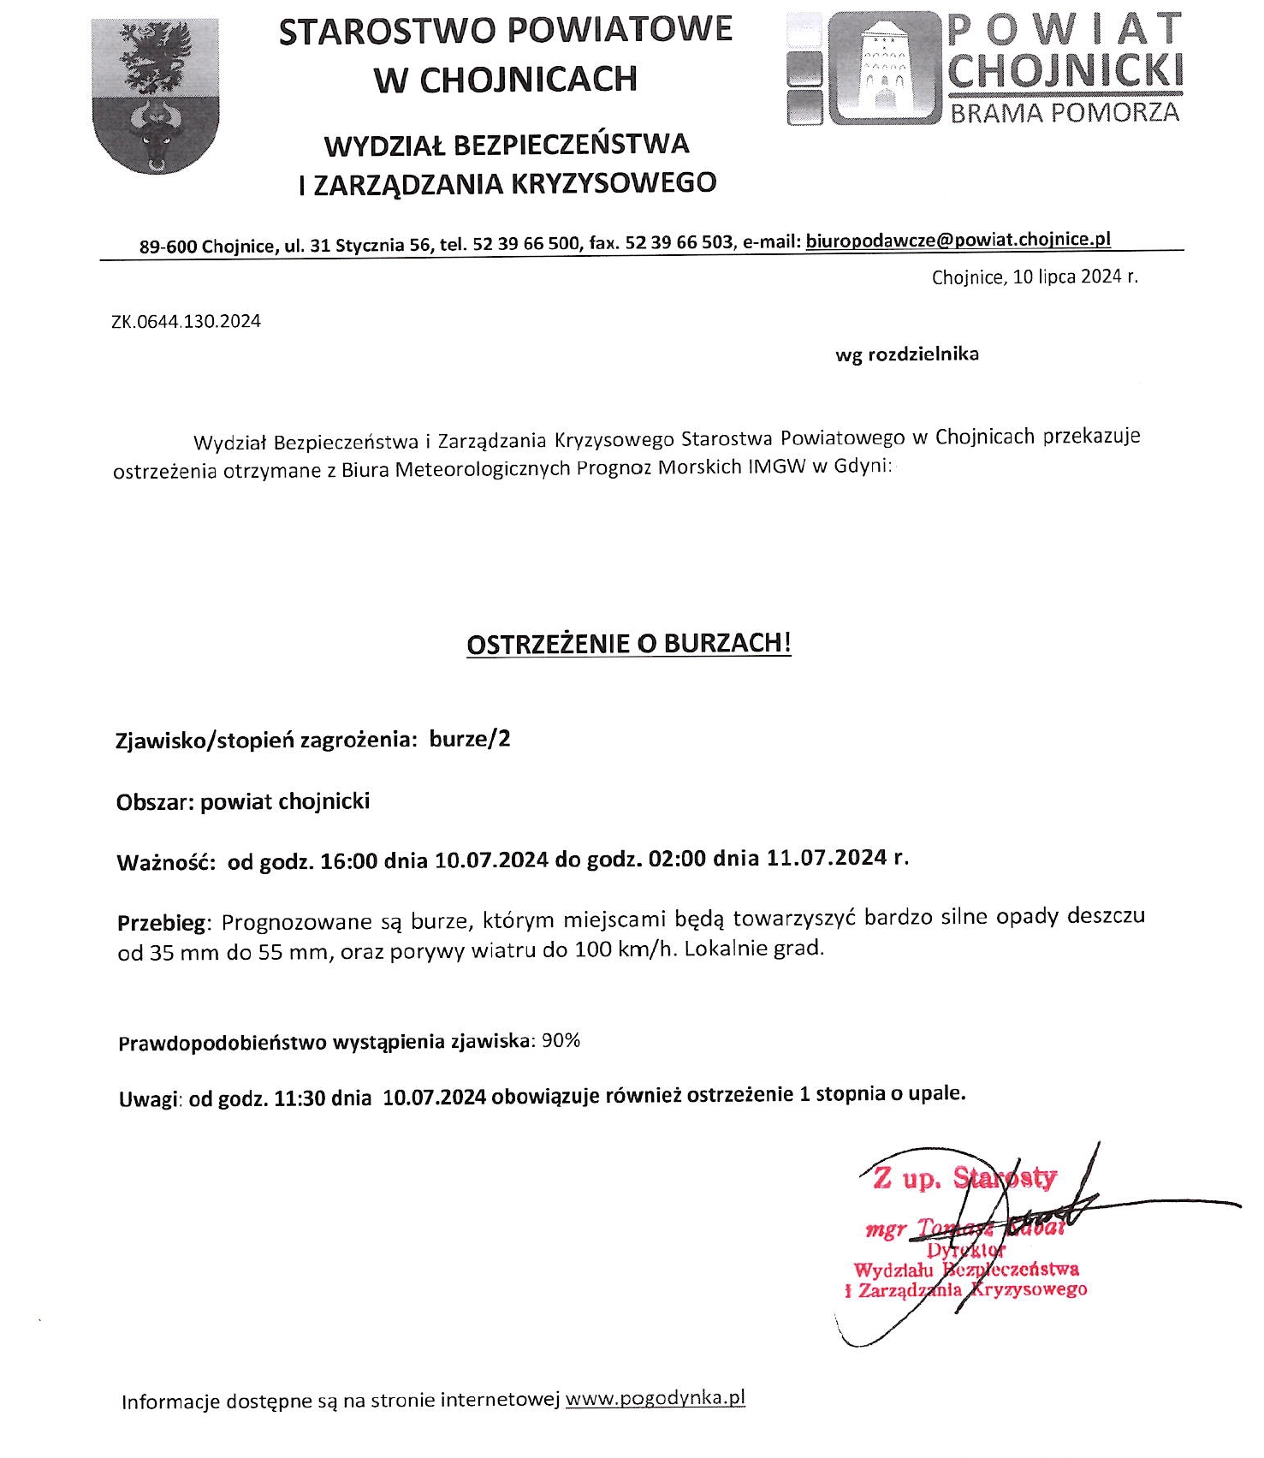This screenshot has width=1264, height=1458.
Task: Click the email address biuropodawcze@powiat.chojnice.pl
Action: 958,241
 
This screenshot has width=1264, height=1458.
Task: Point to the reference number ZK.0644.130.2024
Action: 186,322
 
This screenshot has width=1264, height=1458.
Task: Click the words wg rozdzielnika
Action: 906,354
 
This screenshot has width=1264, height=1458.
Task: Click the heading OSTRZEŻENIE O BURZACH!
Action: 628,644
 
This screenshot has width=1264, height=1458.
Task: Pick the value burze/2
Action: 470,739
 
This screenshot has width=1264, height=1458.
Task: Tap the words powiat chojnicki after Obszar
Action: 285,802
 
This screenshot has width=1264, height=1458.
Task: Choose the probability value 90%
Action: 561,1041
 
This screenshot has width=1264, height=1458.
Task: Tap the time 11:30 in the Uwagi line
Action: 300,1098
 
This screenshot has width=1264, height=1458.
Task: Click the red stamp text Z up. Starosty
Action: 964,1179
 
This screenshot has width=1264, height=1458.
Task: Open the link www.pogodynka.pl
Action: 656,1399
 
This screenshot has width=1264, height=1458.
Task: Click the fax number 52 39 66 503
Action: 679,243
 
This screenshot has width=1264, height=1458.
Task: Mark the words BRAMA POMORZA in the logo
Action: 1065,112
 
